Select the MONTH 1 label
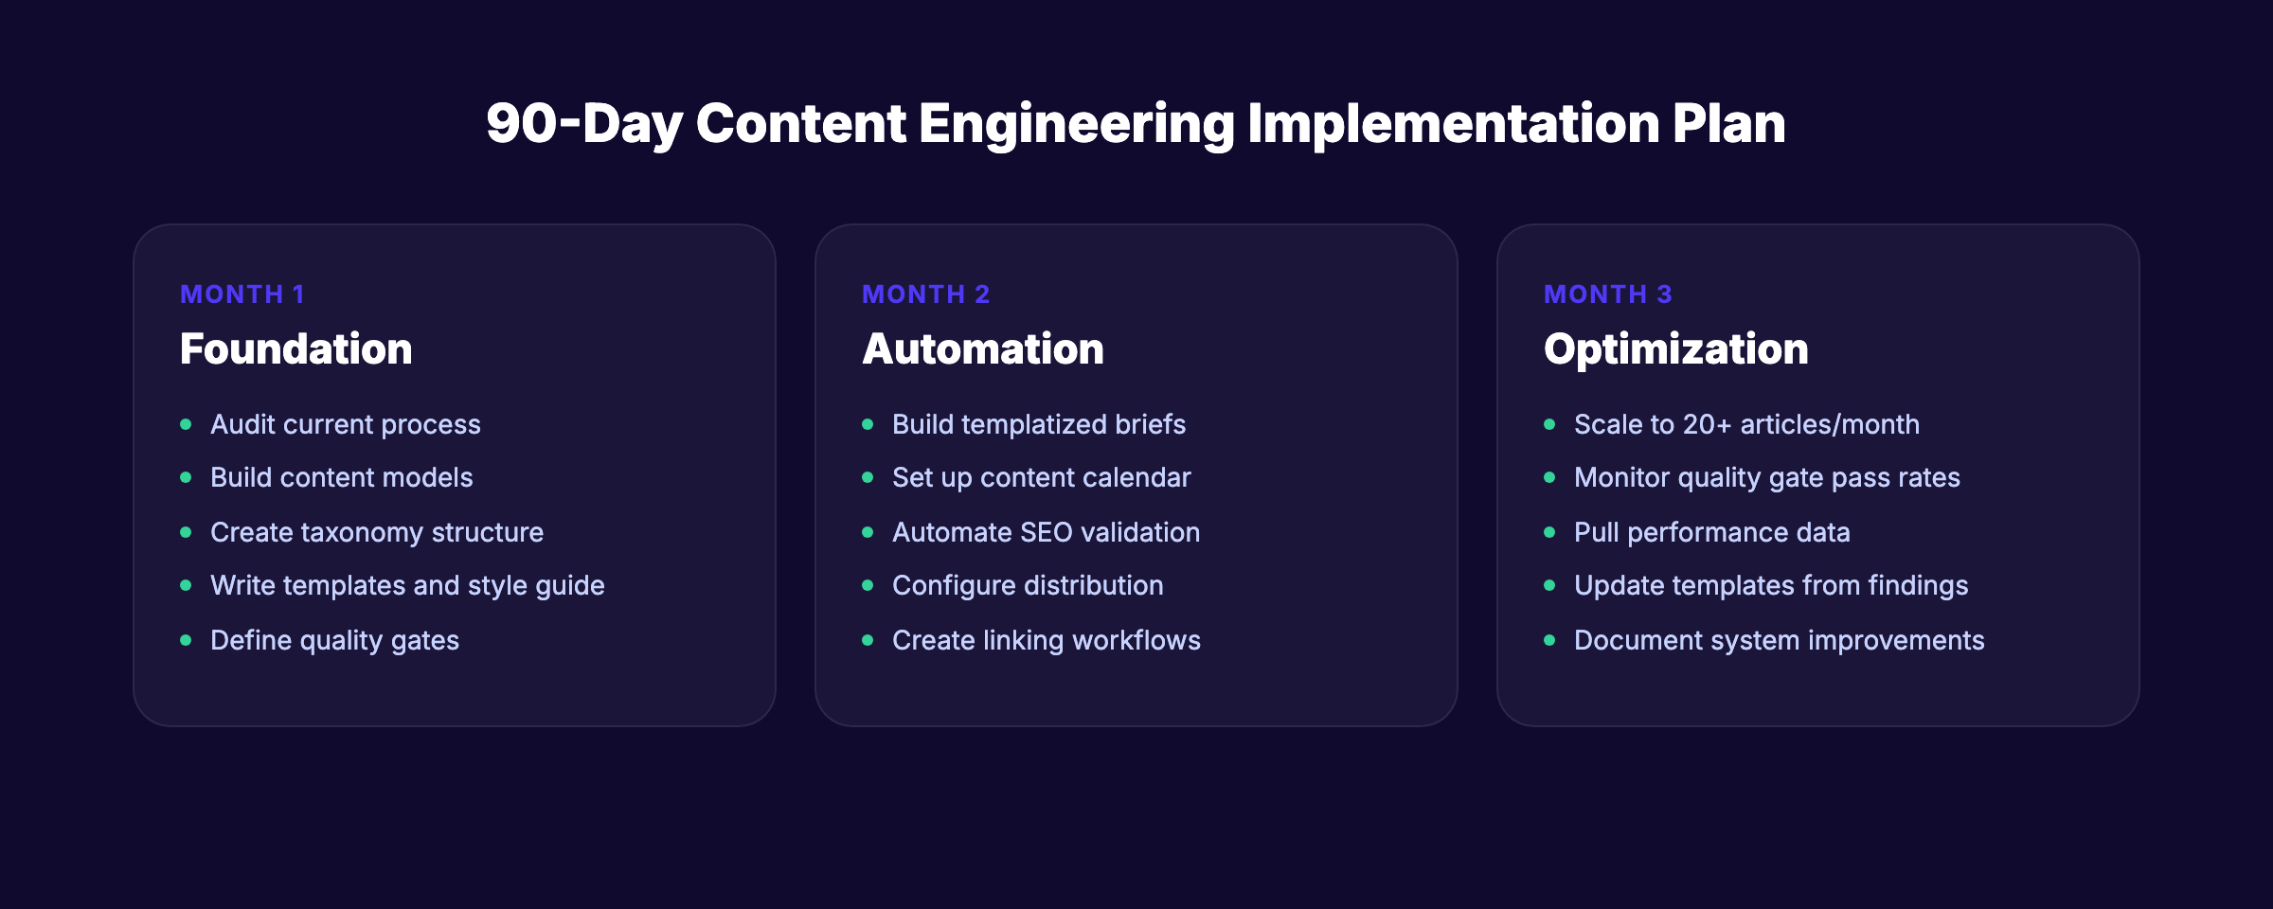242,294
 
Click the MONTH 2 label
925,294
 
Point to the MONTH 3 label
1607,294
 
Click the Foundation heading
296,348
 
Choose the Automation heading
983,348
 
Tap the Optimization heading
1675,348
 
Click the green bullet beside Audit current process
186,424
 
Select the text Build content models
341,477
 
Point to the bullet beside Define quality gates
186,640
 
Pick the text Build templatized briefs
1038,424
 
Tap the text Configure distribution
1027,585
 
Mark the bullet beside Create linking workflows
868,640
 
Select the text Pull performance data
1711,532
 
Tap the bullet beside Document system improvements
1549,640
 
